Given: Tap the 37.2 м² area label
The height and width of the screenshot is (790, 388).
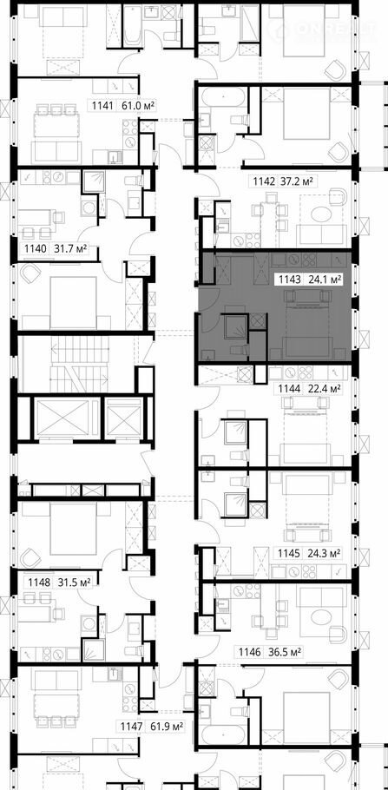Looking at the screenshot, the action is pyautogui.click(x=303, y=182).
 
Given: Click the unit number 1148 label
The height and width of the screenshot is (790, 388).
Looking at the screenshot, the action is pyautogui.click(x=39, y=582).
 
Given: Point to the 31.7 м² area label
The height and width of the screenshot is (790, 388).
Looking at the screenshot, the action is pyautogui.click(x=69, y=248).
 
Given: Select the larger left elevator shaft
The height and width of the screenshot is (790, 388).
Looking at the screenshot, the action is pyautogui.click(x=65, y=418).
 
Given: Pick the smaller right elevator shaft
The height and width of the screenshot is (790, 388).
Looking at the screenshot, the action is pyautogui.click(x=124, y=418).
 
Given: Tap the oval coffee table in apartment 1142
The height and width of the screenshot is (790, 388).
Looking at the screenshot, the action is pyautogui.click(x=322, y=215).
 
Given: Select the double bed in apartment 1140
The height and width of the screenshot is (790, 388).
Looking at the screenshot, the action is pyautogui.click(x=73, y=302).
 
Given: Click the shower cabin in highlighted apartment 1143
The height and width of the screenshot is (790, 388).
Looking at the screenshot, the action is pyautogui.click(x=235, y=326).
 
